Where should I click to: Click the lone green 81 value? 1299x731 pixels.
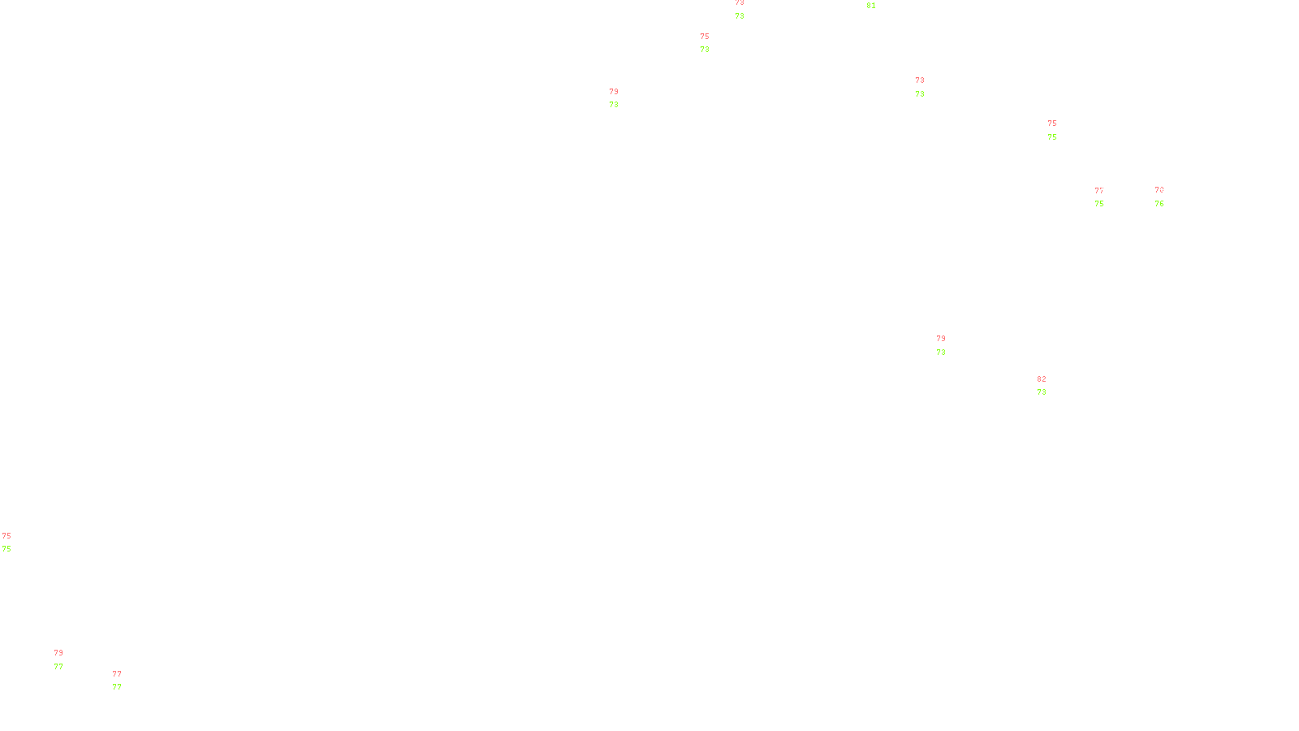[871, 6]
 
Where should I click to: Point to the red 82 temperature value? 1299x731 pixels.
[1042, 379]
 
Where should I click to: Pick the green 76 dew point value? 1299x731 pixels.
[1159, 204]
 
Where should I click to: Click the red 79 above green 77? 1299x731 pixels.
[58, 653]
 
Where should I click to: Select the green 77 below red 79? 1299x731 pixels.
[58, 667]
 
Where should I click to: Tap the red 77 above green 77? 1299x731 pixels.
[117, 674]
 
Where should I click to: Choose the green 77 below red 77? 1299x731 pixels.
[117, 687]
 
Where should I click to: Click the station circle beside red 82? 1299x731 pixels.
[1049, 387]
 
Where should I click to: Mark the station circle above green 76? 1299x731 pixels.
[1167, 197]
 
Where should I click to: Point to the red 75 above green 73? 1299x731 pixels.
[705, 37]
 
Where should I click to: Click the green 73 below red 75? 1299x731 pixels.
[705, 50]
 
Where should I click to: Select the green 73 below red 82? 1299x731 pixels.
[1042, 392]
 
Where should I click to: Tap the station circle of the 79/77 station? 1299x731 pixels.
[67, 660]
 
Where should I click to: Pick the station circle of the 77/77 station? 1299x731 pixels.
[125, 681]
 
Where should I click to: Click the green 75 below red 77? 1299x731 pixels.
[1099, 204]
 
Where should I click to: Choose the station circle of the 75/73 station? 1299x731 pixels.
[712, 43]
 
